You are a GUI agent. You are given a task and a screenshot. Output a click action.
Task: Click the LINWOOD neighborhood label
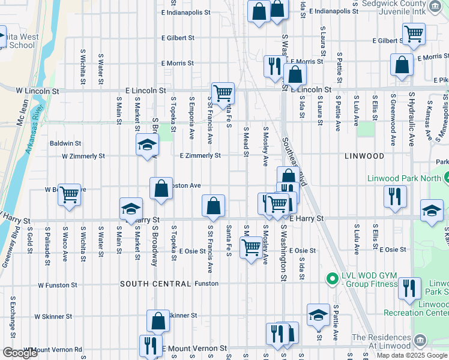364,156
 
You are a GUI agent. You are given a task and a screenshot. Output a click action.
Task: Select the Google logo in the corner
20,353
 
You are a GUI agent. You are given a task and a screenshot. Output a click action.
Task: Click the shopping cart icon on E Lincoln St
223,93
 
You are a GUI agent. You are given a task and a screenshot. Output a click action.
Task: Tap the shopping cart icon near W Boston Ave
70,194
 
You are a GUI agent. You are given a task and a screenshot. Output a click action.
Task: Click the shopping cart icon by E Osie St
251,246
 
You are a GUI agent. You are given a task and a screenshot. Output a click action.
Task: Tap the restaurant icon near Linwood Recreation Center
409,289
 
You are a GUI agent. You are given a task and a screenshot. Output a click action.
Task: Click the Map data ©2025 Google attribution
412,355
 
